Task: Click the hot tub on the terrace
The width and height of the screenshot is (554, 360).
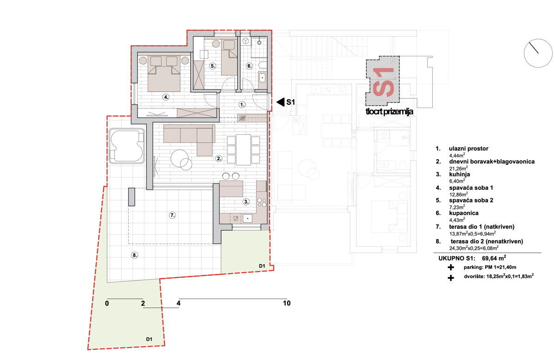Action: tap(126, 146)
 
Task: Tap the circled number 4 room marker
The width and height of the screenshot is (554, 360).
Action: tap(166, 97)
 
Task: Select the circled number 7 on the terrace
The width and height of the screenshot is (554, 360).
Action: tap(172, 216)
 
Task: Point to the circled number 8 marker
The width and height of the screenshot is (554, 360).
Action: tap(134, 255)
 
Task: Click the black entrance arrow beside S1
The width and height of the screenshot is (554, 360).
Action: tap(281, 102)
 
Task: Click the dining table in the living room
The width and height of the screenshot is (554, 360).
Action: tap(243, 150)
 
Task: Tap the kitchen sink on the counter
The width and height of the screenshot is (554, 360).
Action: tap(247, 219)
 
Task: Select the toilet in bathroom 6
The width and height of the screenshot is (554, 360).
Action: tap(263, 65)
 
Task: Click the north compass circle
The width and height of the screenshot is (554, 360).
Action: tap(538, 53)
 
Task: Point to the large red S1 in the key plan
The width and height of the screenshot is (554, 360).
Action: tap(383, 82)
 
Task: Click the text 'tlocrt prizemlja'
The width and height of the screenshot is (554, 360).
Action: tap(389, 112)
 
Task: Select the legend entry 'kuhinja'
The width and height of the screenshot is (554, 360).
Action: tap(459, 174)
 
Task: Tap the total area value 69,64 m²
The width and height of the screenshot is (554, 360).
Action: tap(494, 258)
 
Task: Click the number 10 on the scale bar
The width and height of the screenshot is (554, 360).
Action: tap(287, 303)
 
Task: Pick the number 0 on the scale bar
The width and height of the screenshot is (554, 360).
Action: tap(107, 303)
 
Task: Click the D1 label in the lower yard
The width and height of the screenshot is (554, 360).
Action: tap(149, 339)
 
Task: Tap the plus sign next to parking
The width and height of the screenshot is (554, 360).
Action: tap(451, 267)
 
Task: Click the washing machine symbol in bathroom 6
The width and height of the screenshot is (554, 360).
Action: tap(246, 41)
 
